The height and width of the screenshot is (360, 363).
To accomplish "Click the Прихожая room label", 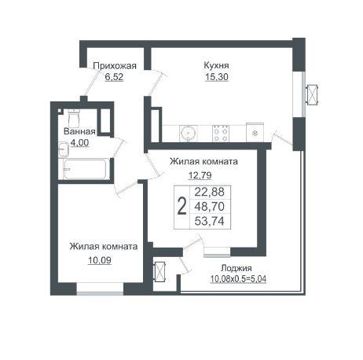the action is point(115,65).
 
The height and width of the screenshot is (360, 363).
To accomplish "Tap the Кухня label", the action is point(216,65).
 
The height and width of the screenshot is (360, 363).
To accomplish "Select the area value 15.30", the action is point(217,77).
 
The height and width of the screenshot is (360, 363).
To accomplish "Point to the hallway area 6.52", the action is point(114,77).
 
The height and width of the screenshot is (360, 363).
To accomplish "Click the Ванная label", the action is point(79,131).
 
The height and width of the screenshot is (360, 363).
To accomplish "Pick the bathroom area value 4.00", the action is point(79,143).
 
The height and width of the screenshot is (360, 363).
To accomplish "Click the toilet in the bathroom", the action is point(74,118).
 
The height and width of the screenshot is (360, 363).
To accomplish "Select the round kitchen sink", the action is point(188,134).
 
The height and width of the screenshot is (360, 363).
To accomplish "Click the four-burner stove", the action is point(221,134).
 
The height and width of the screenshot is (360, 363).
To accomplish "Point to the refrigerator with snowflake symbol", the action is point(255,133).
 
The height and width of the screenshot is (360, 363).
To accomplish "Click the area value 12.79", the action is point(200,174).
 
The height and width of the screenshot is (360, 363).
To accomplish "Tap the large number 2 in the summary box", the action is point(181,207).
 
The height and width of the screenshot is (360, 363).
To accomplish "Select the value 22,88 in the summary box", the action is point(210,192).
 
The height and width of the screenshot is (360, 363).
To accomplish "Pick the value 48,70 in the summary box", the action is point(210,207).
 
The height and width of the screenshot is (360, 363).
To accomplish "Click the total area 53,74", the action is point(210,222).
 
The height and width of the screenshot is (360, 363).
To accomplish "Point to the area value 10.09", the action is point(100,260).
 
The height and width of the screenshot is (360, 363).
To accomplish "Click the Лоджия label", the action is point(236,268).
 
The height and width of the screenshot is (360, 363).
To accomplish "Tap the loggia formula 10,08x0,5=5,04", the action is point(238,279).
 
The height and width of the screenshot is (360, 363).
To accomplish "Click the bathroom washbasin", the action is point(64,149).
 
